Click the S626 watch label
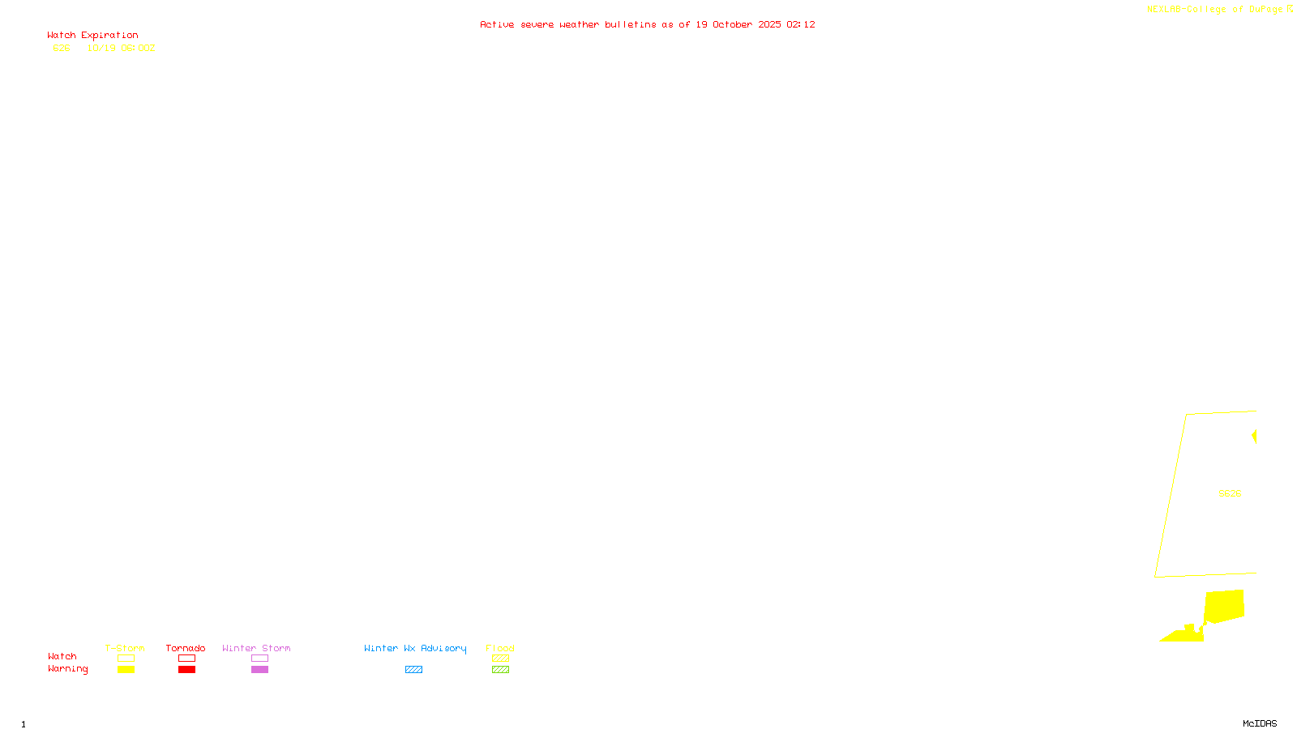click(x=1230, y=493)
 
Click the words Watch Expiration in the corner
click(x=92, y=36)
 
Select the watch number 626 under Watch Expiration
click(x=62, y=49)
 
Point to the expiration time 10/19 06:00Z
click(x=121, y=49)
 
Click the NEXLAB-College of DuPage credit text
click(x=1215, y=10)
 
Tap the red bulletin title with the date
click(x=648, y=25)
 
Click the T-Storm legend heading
click(x=125, y=648)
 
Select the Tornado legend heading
click(x=186, y=648)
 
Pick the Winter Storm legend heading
click(x=256, y=648)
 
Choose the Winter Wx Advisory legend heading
click(x=415, y=648)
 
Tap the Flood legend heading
click(x=500, y=648)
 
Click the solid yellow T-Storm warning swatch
click(x=126, y=670)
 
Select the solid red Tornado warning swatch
click(x=186, y=670)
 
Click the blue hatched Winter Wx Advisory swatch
click(x=413, y=670)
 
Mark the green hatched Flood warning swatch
click(x=500, y=670)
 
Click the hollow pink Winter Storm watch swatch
click(x=259, y=659)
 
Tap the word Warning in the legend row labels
click(x=67, y=669)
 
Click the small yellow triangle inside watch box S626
click(x=1254, y=437)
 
